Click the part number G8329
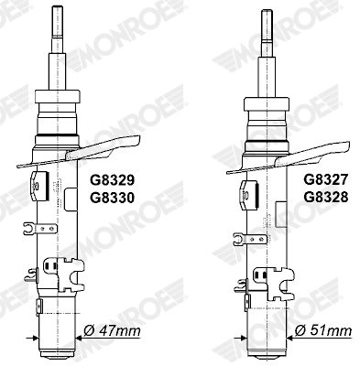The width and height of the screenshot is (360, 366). [112, 180]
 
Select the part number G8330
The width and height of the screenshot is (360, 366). [112, 199]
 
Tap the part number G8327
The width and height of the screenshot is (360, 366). [325, 179]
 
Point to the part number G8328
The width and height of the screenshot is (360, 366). [325, 198]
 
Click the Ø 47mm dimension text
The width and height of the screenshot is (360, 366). [112, 330]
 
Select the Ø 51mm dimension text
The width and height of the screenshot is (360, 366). [323, 330]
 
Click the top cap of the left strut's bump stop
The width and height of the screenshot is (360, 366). [58, 96]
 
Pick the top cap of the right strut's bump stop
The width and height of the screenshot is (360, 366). [267, 104]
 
